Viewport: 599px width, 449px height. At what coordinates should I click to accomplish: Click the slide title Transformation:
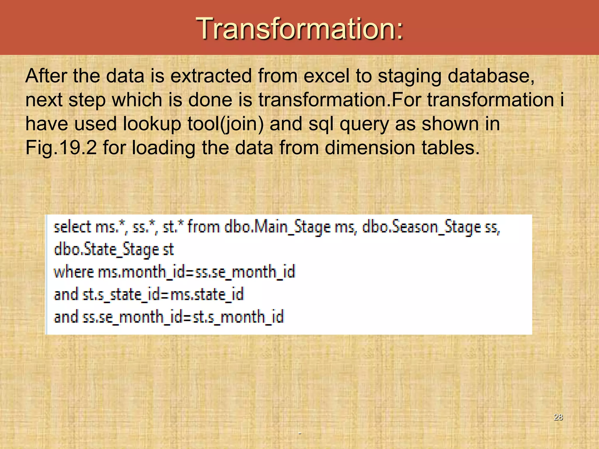(x=299, y=28)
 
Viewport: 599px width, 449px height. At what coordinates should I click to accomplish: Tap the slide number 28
(x=558, y=417)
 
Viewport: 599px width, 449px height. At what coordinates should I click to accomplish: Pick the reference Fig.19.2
(x=61, y=148)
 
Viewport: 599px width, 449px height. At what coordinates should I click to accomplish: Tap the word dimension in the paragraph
(x=370, y=148)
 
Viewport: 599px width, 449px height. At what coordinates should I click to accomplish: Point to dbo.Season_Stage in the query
(x=421, y=227)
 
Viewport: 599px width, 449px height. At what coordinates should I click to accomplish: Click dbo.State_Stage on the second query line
(x=107, y=250)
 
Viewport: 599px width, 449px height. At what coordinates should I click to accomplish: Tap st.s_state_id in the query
(x=122, y=295)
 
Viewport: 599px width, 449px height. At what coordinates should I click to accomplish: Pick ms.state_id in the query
(x=207, y=295)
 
